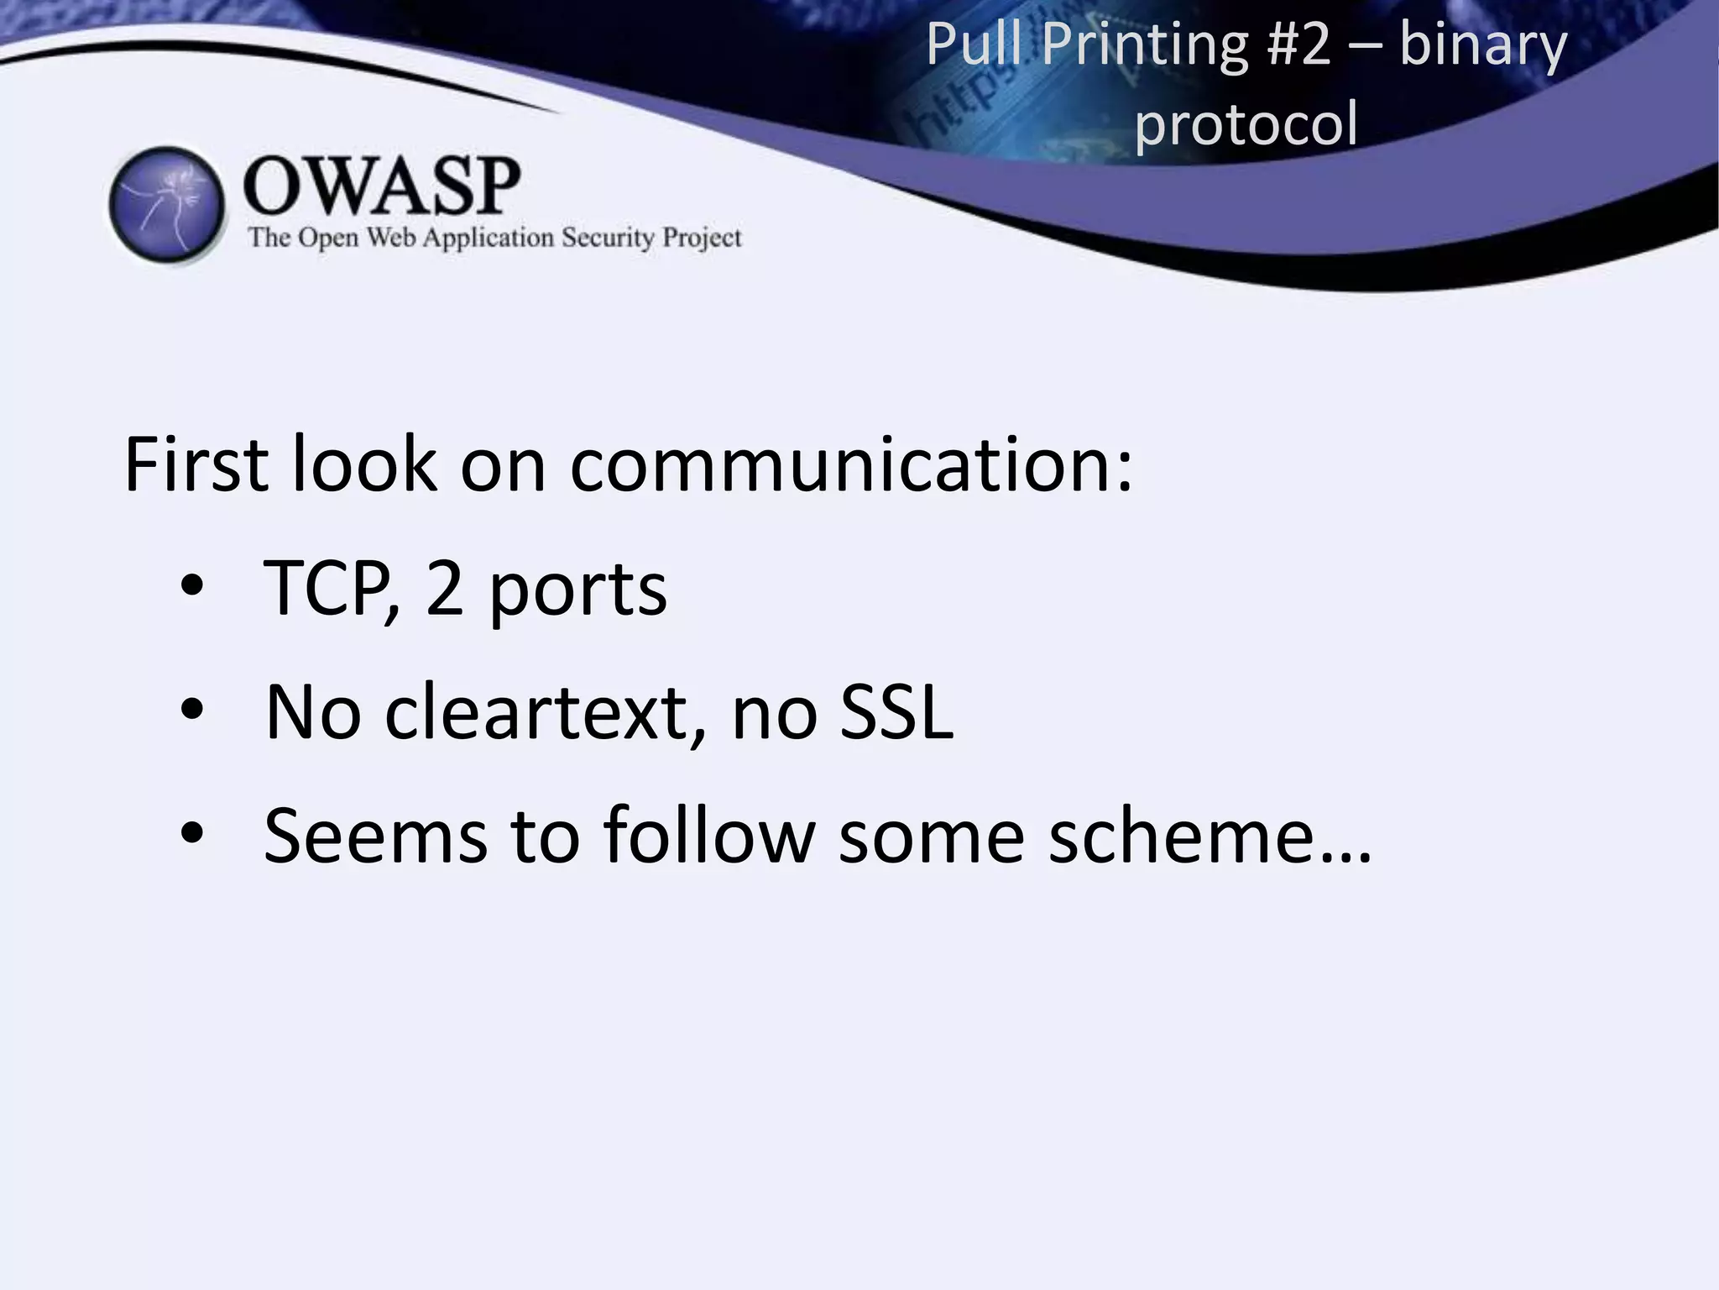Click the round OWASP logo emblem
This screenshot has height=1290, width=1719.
167,205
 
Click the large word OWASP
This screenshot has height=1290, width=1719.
382,186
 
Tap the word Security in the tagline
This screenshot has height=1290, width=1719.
608,239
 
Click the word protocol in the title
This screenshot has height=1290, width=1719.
1246,123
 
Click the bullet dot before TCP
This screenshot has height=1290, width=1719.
192,586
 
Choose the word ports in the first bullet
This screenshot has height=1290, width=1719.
578,591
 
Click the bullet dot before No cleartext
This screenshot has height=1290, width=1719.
192,711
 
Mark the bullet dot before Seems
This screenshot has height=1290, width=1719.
192,834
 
